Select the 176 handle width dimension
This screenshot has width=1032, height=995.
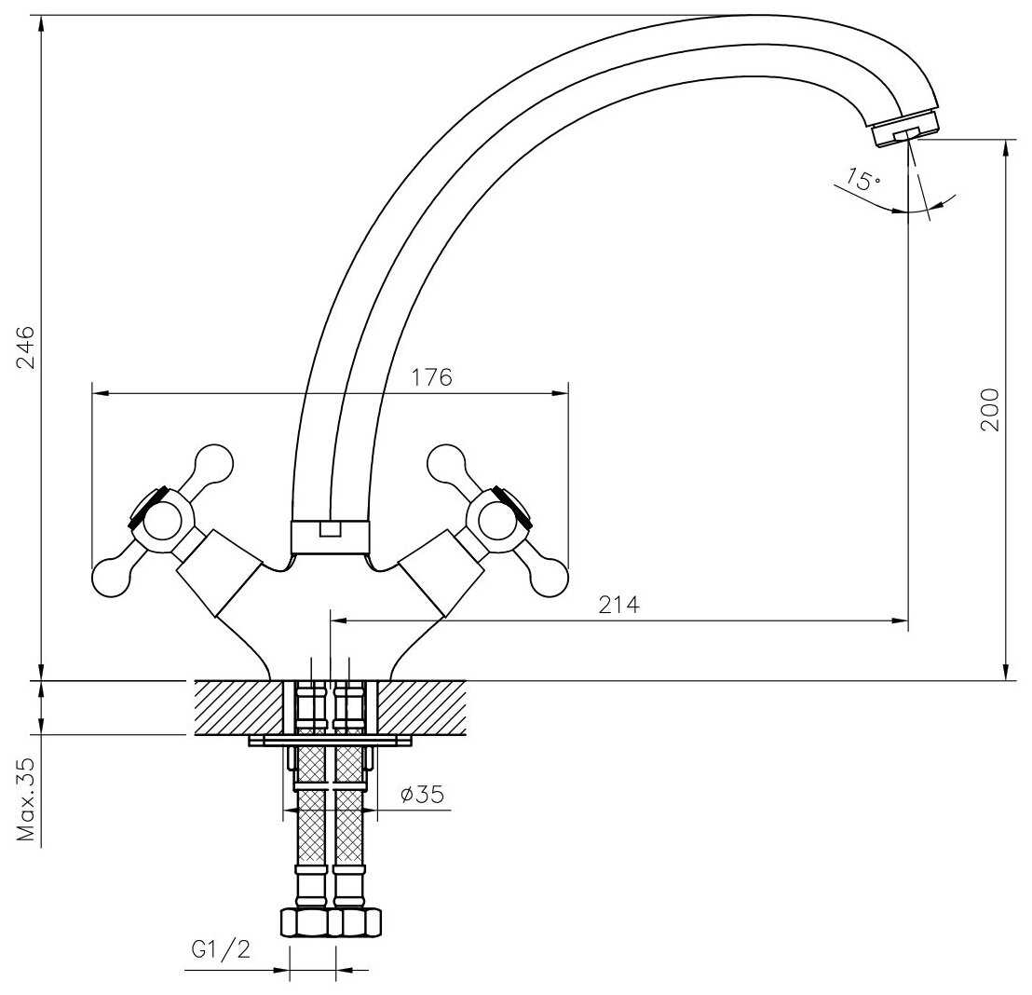[431, 377]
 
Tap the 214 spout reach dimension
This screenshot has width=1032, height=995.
[619, 605]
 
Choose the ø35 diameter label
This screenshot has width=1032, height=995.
[420, 795]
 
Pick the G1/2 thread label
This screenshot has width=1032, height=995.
[221, 949]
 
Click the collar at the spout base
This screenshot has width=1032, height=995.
[330, 537]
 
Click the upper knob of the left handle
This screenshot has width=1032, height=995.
[213, 463]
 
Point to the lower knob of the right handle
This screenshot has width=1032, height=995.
[548, 579]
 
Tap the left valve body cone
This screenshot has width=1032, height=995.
[221, 572]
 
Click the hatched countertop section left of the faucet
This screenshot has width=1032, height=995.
[237, 707]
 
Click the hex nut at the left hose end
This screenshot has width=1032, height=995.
[306, 922]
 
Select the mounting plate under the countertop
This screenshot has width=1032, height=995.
[331, 742]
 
